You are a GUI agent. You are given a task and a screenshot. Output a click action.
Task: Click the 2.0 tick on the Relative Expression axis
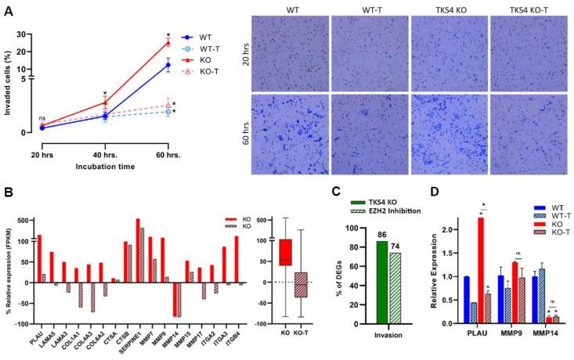click(x=441, y=230)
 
